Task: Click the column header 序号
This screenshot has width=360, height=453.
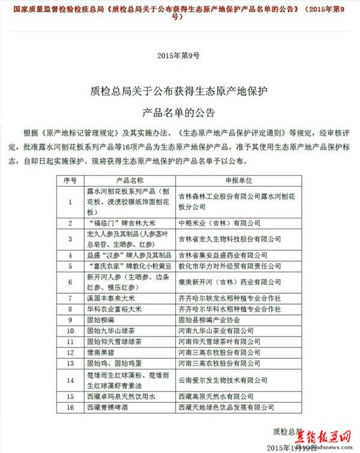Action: (70, 180)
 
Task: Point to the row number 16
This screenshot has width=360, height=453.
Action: (70, 407)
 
